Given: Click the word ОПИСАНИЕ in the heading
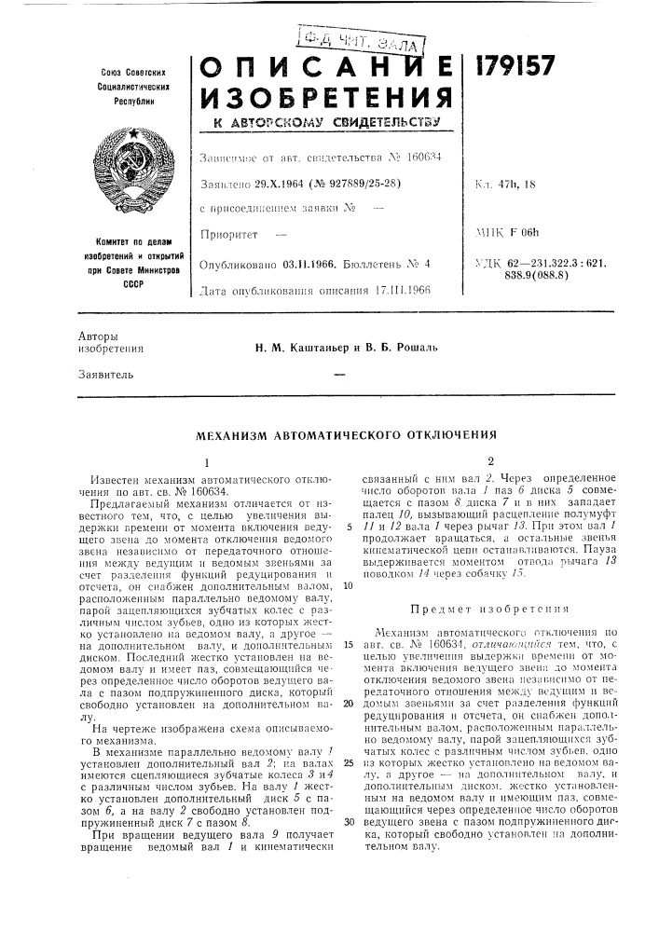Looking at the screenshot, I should (x=323, y=70).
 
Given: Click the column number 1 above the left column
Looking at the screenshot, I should (x=206, y=461).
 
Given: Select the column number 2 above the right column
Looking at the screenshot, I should (x=476, y=461).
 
